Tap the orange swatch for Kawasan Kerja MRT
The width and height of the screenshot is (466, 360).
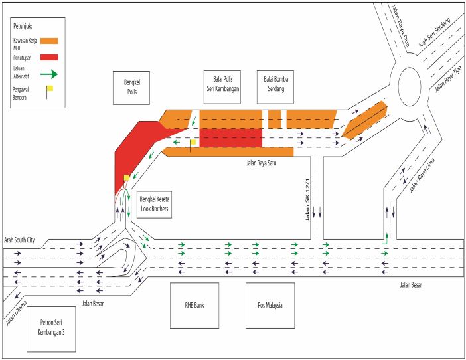(x=49, y=41)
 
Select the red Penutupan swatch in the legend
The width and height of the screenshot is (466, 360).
(x=49, y=57)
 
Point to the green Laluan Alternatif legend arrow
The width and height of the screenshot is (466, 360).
(x=50, y=74)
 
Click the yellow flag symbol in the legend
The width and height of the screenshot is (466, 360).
(x=48, y=88)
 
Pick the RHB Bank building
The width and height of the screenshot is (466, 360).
(x=194, y=306)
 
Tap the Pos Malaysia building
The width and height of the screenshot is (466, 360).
(x=270, y=306)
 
